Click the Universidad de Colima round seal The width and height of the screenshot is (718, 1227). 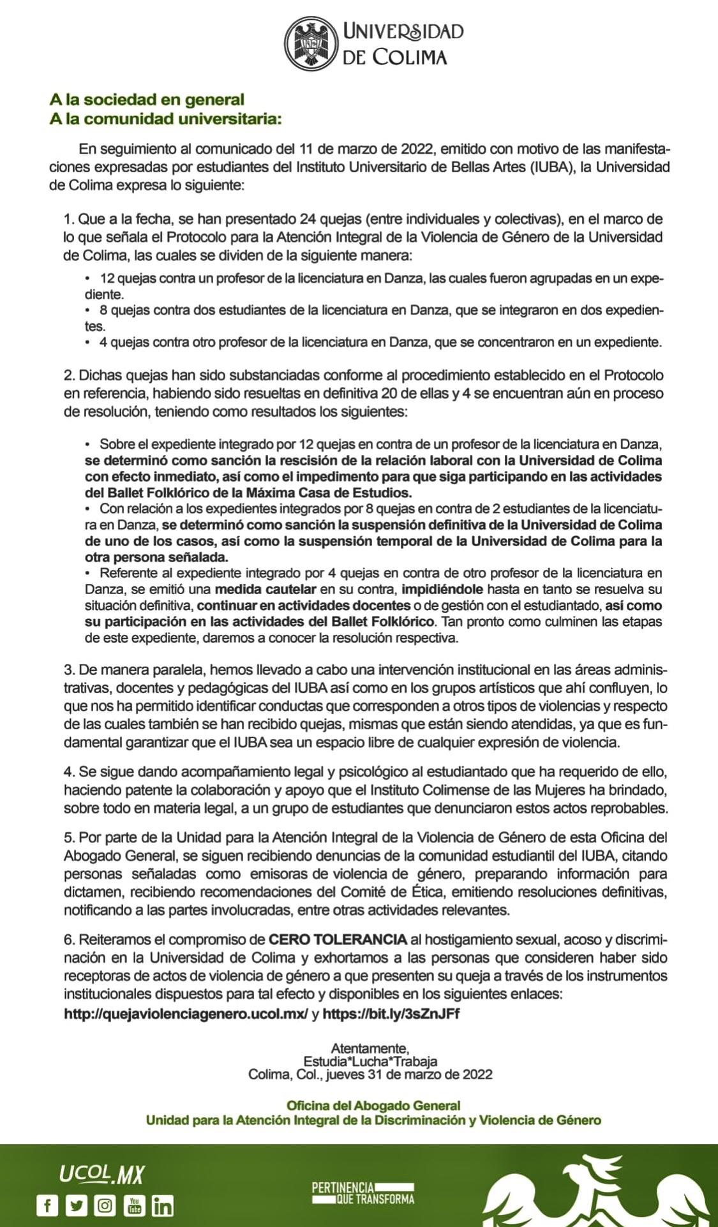310,43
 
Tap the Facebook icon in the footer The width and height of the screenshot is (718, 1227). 47,1205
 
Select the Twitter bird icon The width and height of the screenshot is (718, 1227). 76,1205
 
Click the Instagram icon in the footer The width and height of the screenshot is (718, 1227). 105,1205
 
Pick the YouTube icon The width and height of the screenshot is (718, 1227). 134,1205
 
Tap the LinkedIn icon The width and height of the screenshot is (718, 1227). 163,1205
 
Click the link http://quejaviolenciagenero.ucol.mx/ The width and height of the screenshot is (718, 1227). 186,1014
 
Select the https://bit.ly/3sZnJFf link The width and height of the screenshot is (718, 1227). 391,1014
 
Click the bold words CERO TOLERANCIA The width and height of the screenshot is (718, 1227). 338,939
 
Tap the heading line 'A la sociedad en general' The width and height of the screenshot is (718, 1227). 147,100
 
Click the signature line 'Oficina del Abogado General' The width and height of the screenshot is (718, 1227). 373,1106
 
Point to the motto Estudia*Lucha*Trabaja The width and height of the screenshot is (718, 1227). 370,1061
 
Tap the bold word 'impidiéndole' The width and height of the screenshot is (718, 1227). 442,589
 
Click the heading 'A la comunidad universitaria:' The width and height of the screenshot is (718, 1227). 165,119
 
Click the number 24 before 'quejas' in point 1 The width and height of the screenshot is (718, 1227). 307,219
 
